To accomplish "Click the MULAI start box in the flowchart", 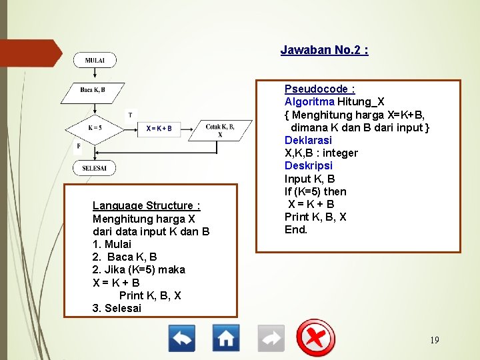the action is [94, 60].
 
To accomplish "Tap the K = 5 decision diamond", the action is [95, 127].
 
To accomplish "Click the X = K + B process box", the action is [159, 128].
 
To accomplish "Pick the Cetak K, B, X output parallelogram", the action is [220, 130].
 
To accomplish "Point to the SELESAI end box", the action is [94, 168].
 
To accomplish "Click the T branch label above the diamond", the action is [131, 114].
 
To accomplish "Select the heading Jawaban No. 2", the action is [324, 50].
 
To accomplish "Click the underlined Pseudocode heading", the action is [319, 89].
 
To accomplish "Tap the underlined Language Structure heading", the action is [146, 206].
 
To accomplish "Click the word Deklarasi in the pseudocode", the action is [308, 140].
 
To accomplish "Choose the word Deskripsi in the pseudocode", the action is [308, 165].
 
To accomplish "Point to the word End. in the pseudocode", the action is [296, 229].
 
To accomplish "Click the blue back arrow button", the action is [181, 338].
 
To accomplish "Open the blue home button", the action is [226, 338].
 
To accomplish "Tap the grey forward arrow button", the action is [271, 338].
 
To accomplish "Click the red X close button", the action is [315, 337].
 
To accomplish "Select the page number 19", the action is [434, 341].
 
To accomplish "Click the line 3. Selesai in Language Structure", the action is [117, 308].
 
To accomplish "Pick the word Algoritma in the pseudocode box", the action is [309, 102].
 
